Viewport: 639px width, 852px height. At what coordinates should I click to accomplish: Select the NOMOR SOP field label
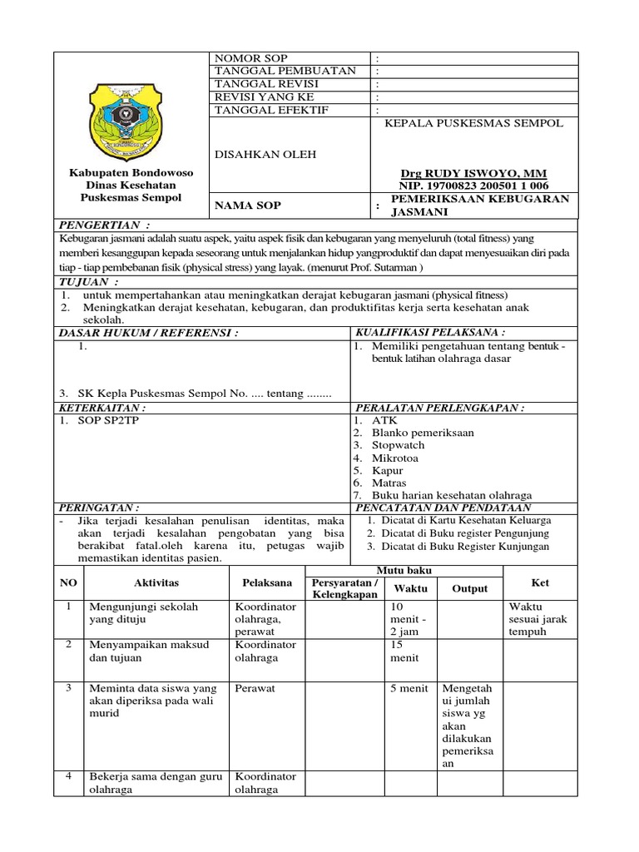tap(251, 58)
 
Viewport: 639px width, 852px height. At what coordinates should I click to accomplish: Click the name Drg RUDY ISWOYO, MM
tap(475, 173)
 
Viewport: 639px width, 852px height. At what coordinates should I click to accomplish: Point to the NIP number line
tap(475, 186)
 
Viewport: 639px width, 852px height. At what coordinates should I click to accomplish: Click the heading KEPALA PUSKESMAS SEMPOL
tap(473, 123)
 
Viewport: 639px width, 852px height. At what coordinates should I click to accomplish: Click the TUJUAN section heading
tap(90, 283)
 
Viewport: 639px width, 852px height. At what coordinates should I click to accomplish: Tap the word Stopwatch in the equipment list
tap(399, 445)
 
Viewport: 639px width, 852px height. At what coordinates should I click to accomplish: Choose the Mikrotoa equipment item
tap(395, 458)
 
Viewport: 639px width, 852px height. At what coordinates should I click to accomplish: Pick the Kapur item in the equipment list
tap(388, 470)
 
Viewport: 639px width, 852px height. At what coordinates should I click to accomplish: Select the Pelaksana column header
tap(267, 583)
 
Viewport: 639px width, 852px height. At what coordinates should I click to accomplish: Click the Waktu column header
tap(410, 588)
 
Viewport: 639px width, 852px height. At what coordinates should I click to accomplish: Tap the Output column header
tap(469, 588)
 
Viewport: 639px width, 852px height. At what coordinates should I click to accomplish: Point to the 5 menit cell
tap(409, 689)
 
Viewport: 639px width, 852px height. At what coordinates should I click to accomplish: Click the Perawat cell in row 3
tap(255, 689)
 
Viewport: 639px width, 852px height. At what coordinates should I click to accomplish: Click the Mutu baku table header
tap(404, 571)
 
